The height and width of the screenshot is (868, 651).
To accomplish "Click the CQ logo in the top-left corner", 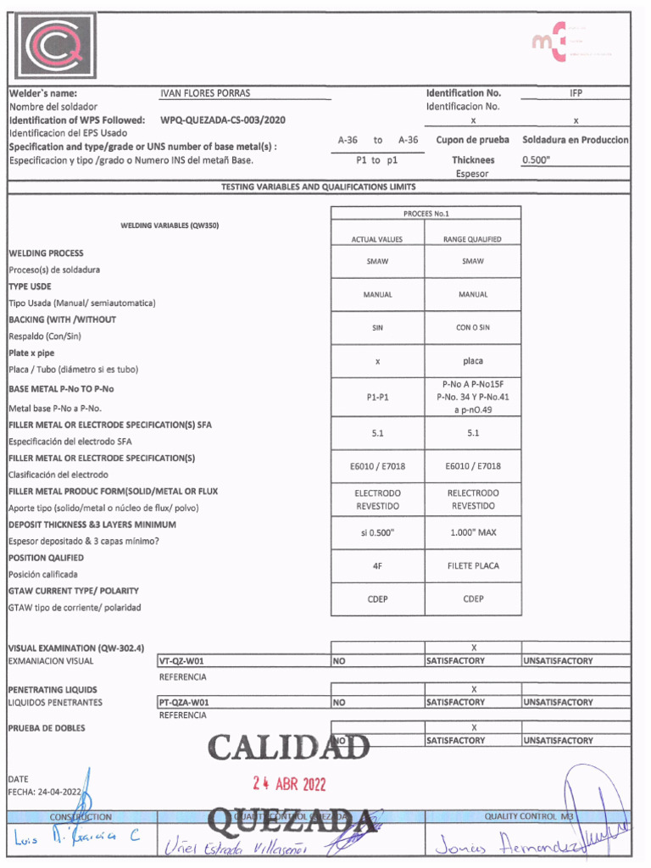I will (x=53, y=47).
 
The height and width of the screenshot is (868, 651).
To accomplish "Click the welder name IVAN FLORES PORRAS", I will (x=205, y=93).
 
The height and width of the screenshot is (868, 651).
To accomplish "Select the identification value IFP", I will (x=576, y=93).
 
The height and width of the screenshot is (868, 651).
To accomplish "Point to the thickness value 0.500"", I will (x=536, y=159).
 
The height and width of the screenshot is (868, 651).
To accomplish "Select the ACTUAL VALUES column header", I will (x=377, y=240).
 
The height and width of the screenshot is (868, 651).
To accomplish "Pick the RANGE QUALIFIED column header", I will (x=473, y=240).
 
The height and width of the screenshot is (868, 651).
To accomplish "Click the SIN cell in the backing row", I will (x=377, y=327).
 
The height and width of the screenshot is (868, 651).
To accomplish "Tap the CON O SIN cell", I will (x=473, y=327).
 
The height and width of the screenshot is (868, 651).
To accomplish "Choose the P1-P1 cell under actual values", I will (x=377, y=397).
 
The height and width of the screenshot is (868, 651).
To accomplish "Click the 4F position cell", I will (x=377, y=565).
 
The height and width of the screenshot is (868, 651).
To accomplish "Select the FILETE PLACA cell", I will (x=473, y=565).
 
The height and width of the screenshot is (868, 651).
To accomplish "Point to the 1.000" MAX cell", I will (x=473, y=532).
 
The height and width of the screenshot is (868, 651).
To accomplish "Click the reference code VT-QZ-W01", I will (x=182, y=661).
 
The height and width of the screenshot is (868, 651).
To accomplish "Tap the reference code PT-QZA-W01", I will (x=184, y=703).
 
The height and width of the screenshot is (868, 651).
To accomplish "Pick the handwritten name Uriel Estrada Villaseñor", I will (x=239, y=844).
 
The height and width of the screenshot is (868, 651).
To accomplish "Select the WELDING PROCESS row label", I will (x=46, y=253).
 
